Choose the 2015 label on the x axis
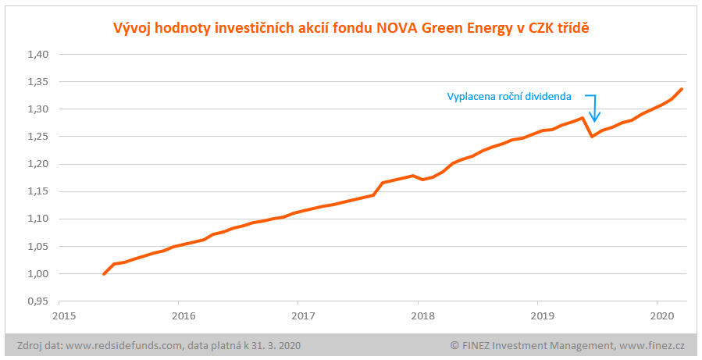(64, 315)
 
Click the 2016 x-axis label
(184, 315)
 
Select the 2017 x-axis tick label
(303, 315)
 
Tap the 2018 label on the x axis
(422, 315)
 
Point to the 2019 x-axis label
(542, 315)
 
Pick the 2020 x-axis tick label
(661, 315)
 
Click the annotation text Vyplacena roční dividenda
(509, 97)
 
